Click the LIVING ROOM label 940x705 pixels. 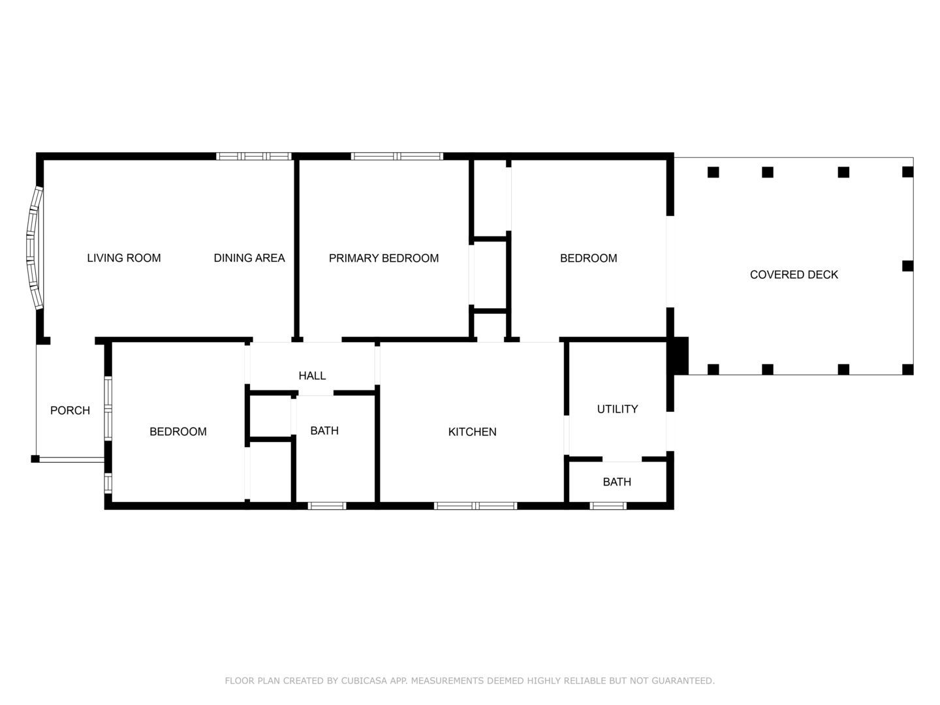(124, 258)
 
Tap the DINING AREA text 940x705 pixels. (249, 258)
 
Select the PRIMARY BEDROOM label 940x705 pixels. (384, 258)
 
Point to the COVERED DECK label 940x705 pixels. (794, 275)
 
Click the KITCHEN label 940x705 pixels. (473, 432)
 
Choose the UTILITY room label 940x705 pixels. (618, 409)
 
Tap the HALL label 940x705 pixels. (312, 376)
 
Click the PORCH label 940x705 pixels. (70, 411)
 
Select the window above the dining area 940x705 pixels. (253, 156)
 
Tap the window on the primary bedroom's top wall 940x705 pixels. (397, 156)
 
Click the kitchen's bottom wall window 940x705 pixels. (475, 506)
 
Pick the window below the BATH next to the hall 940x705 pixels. (327, 506)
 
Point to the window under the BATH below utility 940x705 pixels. (608, 506)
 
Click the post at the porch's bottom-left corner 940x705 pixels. (35, 459)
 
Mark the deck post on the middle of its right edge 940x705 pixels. (908, 266)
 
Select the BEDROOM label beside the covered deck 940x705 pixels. (589, 258)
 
